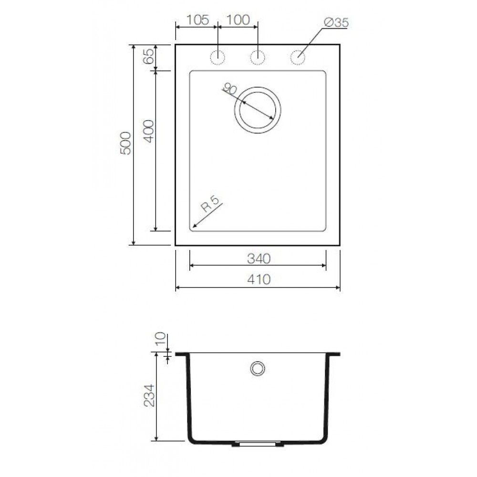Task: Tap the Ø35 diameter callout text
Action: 335,22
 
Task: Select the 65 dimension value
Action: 148,57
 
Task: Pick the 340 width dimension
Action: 258,259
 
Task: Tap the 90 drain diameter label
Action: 230,89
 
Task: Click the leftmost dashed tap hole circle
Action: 218,57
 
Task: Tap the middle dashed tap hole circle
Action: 258,57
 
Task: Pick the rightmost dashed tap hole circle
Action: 298,57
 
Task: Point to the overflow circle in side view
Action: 258,368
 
